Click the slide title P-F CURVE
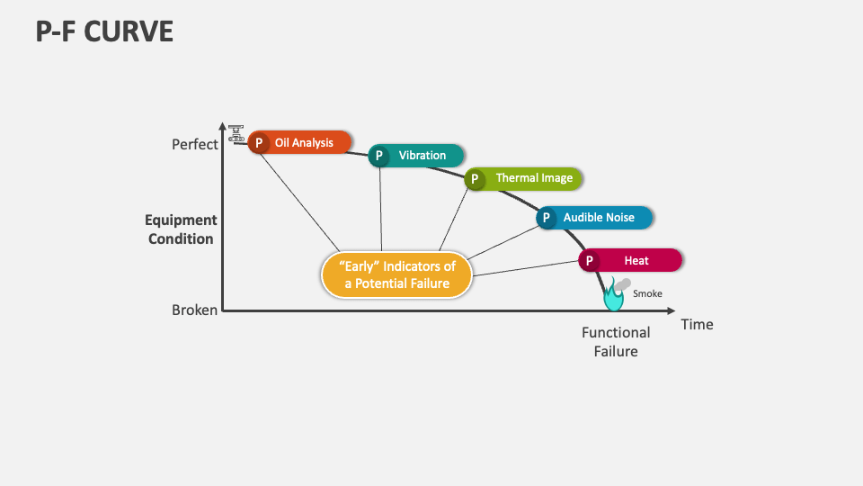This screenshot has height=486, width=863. pos(104,31)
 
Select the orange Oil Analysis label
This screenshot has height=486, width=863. pos(304,142)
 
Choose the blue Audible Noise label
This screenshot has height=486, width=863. pos(599,218)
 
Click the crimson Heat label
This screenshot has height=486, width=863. pos(636,261)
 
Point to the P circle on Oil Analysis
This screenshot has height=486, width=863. pos(259,143)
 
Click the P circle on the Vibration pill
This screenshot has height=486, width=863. pos(379,156)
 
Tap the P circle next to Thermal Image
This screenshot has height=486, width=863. pos(475,179)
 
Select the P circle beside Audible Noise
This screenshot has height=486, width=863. pos(547,218)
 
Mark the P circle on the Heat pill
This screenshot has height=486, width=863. pos(589,261)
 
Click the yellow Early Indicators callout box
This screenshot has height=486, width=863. pos(396,274)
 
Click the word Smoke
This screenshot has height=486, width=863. pos(647,293)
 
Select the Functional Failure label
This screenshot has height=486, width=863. pos(616,341)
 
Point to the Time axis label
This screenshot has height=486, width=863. pos(697,324)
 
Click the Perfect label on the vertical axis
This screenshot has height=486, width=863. pos(195,144)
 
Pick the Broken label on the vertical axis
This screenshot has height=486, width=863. pos(195,310)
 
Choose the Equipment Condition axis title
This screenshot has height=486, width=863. pos(181,229)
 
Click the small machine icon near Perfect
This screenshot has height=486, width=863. pos(236,133)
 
